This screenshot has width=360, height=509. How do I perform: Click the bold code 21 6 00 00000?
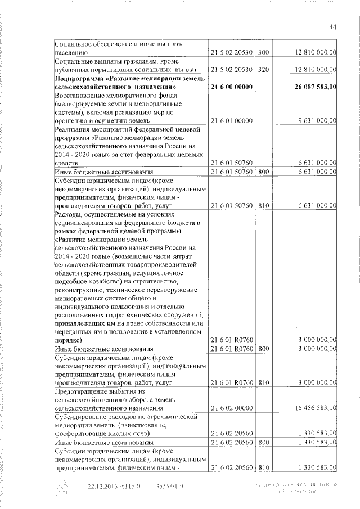pyautogui.click(x=231, y=87)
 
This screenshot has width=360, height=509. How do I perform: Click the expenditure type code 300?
pyautogui.click(x=264, y=52)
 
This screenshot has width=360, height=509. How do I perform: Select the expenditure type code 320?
pyautogui.click(x=264, y=69)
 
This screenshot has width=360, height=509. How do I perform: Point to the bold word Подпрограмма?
pyautogui.click(x=80, y=79)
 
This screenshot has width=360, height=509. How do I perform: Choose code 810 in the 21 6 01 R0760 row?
pyautogui.click(x=264, y=382)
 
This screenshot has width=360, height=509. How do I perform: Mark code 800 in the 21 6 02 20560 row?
pyautogui.click(x=264, y=442)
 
